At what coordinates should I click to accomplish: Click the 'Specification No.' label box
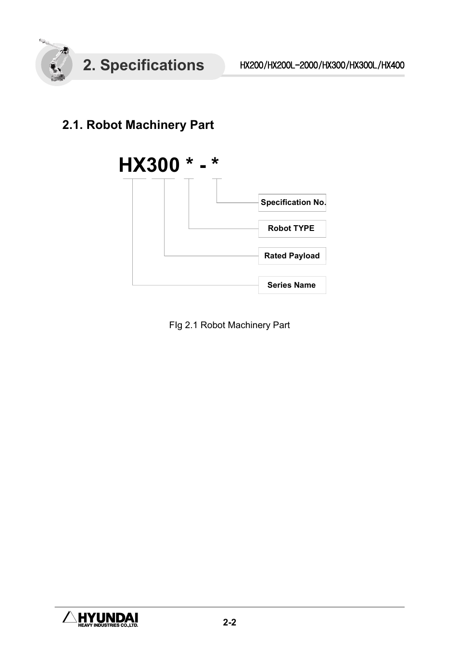click(293, 203)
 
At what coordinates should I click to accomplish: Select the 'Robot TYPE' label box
click(292, 229)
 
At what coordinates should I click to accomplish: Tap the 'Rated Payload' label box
click(292, 256)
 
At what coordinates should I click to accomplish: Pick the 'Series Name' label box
click(292, 285)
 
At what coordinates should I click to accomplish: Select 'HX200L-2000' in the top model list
click(293, 65)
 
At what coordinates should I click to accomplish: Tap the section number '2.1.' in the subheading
click(73, 125)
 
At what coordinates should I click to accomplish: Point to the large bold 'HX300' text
click(149, 166)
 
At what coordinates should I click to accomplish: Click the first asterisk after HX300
click(190, 165)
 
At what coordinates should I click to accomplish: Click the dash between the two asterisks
click(203, 166)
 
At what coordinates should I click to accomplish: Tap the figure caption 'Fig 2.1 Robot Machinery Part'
click(229, 325)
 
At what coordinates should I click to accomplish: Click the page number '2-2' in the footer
click(229, 623)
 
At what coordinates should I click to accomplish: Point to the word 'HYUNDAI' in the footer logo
click(108, 617)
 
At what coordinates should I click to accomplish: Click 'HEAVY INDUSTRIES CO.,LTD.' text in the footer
click(108, 625)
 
